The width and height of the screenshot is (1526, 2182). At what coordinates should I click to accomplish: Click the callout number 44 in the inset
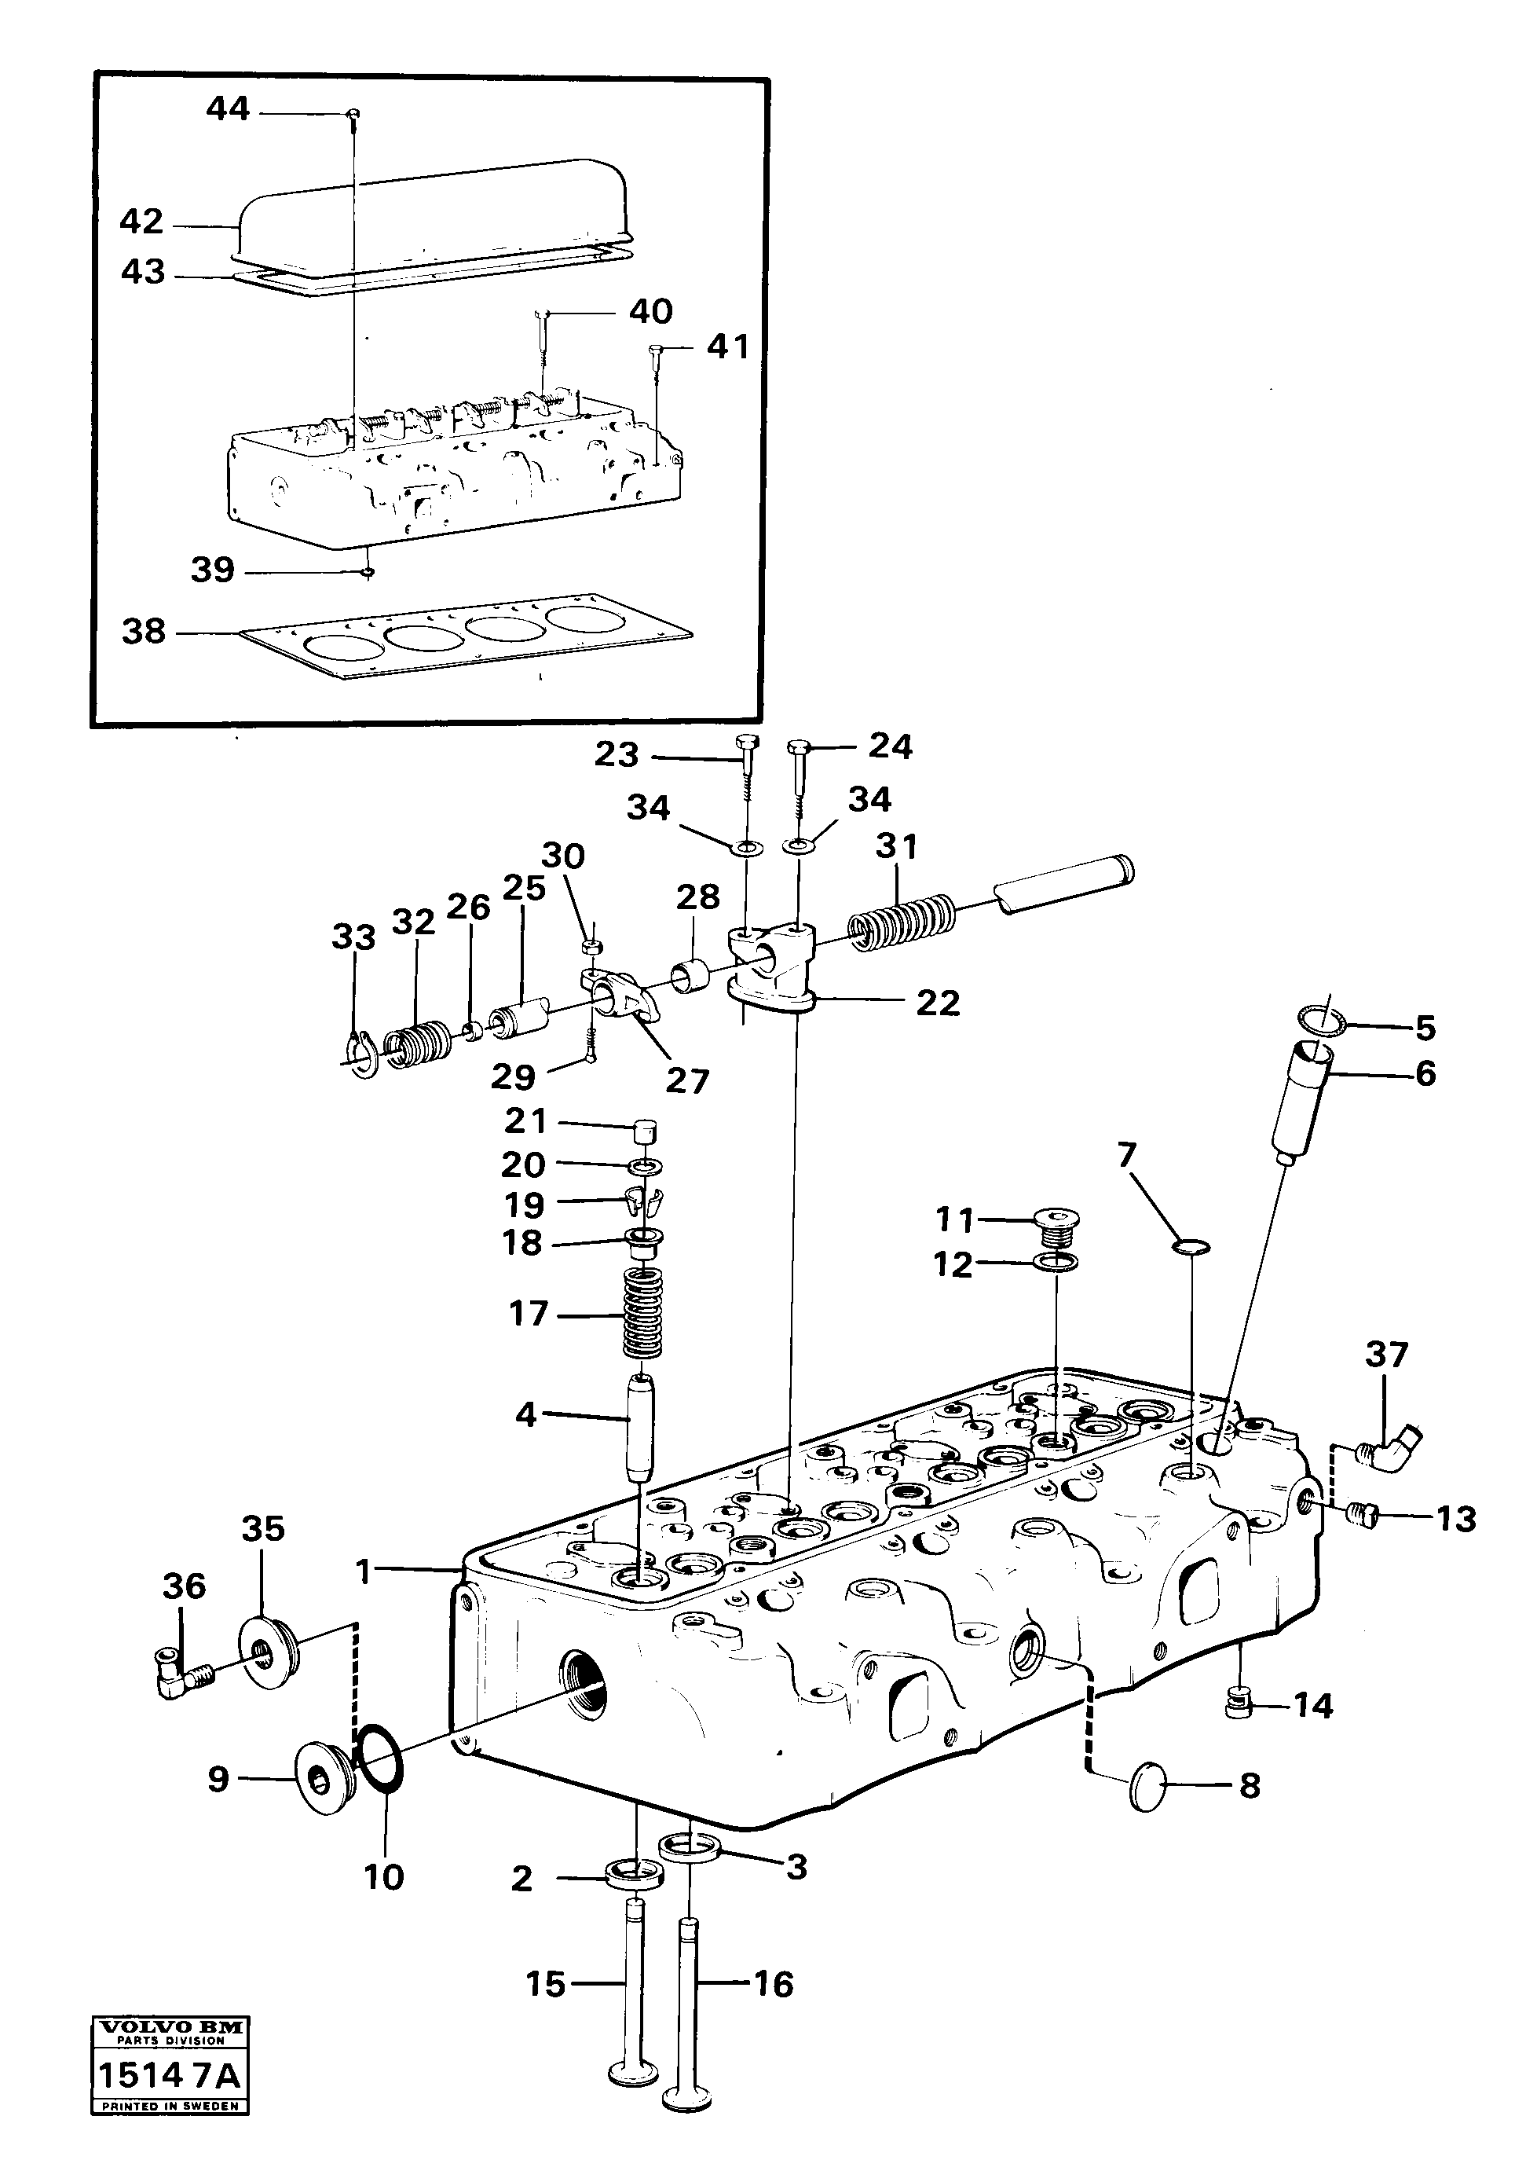pyautogui.click(x=227, y=109)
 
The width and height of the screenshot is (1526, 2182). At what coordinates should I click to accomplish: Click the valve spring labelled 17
pyautogui.click(x=643, y=1315)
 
